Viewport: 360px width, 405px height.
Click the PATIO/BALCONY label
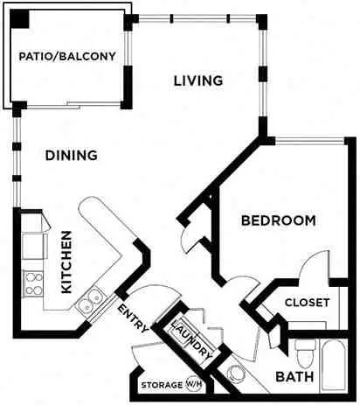click(x=67, y=56)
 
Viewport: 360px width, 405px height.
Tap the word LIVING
click(x=198, y=80)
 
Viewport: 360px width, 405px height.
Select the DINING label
click(x=72, y=155)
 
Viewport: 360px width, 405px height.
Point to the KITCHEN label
click(x=66, y=262)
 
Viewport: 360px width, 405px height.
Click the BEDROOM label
click(x=279, y=220)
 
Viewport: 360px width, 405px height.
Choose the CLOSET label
click(x=308, y=303)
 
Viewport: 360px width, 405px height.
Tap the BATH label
click(x=294, y=377)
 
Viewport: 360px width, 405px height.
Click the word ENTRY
click(x=134, y=318)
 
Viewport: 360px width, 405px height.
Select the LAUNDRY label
click(x=192, y=339)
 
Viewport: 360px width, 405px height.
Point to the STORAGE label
click(x=162, y=385)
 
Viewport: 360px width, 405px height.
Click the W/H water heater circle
click(x=194, y=385)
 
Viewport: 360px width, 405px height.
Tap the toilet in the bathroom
click(x=305, y=353)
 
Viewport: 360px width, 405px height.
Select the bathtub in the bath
click(x=334, y=365)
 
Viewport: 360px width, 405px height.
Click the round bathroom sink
click(x=236, y=374)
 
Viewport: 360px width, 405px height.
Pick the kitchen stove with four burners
click(x=34, y=283)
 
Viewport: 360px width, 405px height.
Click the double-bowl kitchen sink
click(x=90, y=301)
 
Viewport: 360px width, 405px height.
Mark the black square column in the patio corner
click(x=20, y=19)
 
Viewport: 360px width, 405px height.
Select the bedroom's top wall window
click(x=309, y=141)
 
